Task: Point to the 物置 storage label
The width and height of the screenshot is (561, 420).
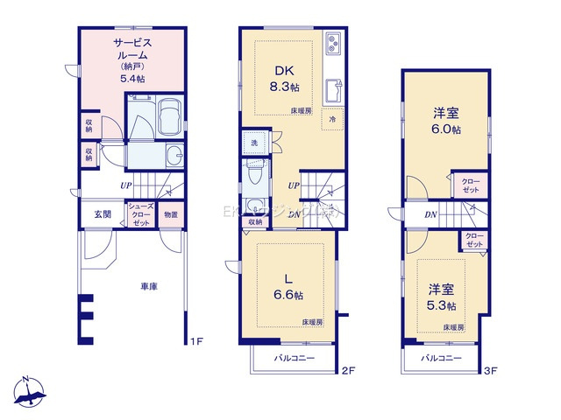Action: coord(171,214)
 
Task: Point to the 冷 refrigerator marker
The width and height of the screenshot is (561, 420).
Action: coord(333,118)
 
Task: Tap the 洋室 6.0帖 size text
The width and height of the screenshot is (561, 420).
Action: coord(445,129)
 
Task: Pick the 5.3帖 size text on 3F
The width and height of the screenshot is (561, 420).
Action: coord(441,305)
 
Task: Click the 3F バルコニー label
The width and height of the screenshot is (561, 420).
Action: coord(440,359)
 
